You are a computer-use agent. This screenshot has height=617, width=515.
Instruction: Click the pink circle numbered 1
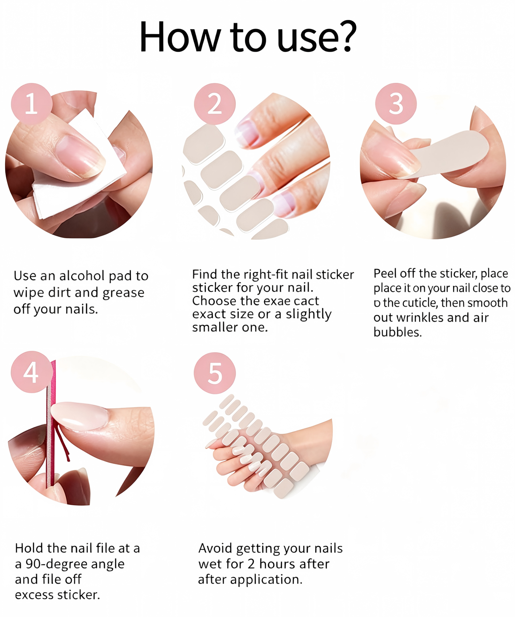[32, 104]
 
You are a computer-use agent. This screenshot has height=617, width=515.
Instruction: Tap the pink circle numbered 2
[214, 104]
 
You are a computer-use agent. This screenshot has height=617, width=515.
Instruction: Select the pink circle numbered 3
[396, 104]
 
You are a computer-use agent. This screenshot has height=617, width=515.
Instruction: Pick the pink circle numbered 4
[31, 372]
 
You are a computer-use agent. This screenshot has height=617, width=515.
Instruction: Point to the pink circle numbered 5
[214, 373]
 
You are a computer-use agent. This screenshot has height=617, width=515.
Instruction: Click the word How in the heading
[180, 37]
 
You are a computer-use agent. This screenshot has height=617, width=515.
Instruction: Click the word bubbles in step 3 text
[398, 332]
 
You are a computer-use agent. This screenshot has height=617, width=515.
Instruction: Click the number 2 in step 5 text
[251, 564]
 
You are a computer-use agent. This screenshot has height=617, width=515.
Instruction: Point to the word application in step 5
[266, 580]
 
